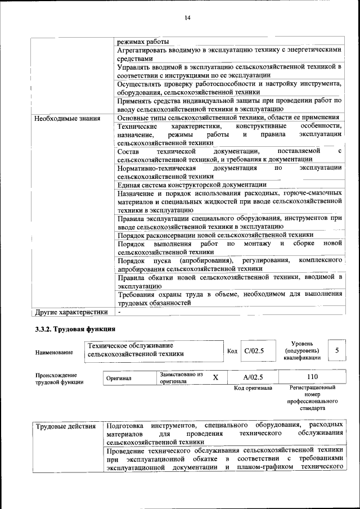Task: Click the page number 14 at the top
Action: point(188,18)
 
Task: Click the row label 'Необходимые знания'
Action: point(67,118)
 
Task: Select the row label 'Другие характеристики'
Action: point(71,310)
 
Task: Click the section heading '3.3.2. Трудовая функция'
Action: point(75,329)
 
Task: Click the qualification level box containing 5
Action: point(336,350)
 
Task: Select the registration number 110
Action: point(312,377)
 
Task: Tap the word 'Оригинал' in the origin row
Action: point(119,379)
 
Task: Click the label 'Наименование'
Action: point(55,352)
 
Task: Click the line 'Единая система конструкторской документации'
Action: point(192,184)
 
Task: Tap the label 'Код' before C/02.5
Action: point(232,352)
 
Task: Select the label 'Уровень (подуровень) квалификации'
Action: point(302,350)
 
